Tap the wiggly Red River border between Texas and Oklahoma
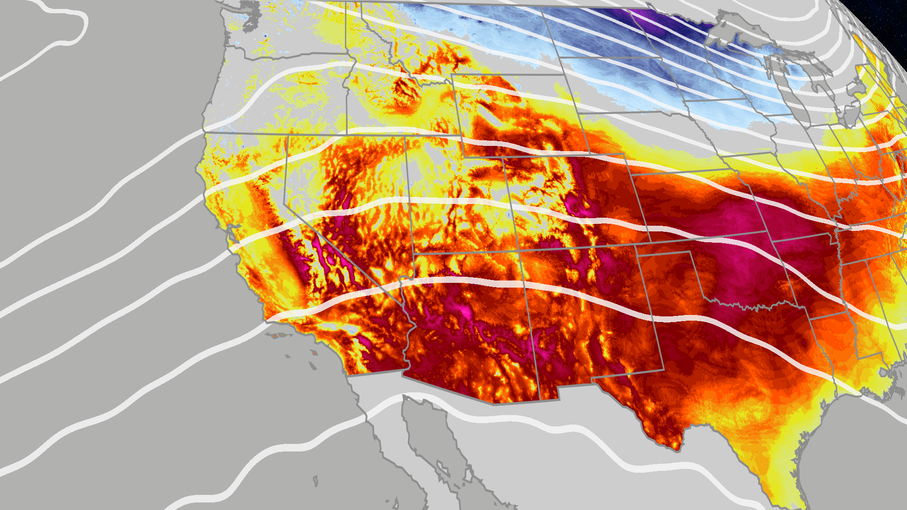[x=751, y=307]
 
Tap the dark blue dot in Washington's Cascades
[x=265, y=35]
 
